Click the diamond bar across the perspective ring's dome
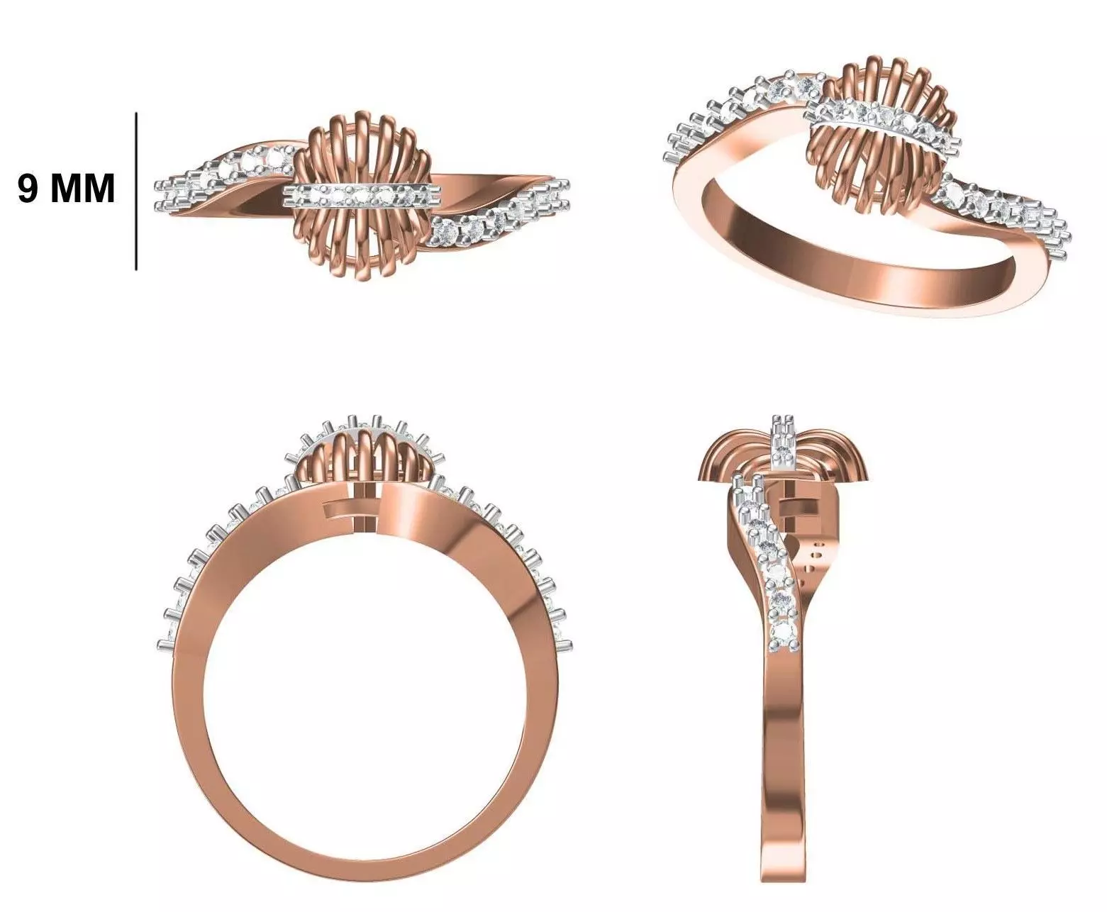[879, 121]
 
